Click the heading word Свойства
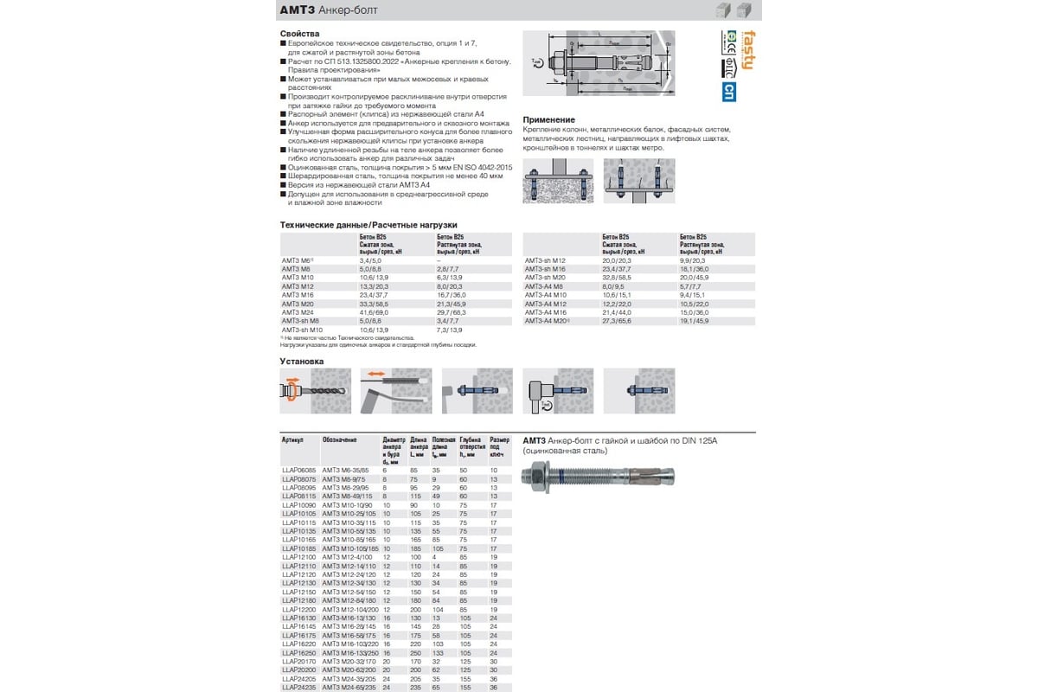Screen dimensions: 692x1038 click(300, 34)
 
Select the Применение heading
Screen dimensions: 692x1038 click(549, 119)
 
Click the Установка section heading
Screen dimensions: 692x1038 click(302, 361)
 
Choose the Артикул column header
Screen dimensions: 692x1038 click(293, 439)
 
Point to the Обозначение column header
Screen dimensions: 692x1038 click(340, 439)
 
